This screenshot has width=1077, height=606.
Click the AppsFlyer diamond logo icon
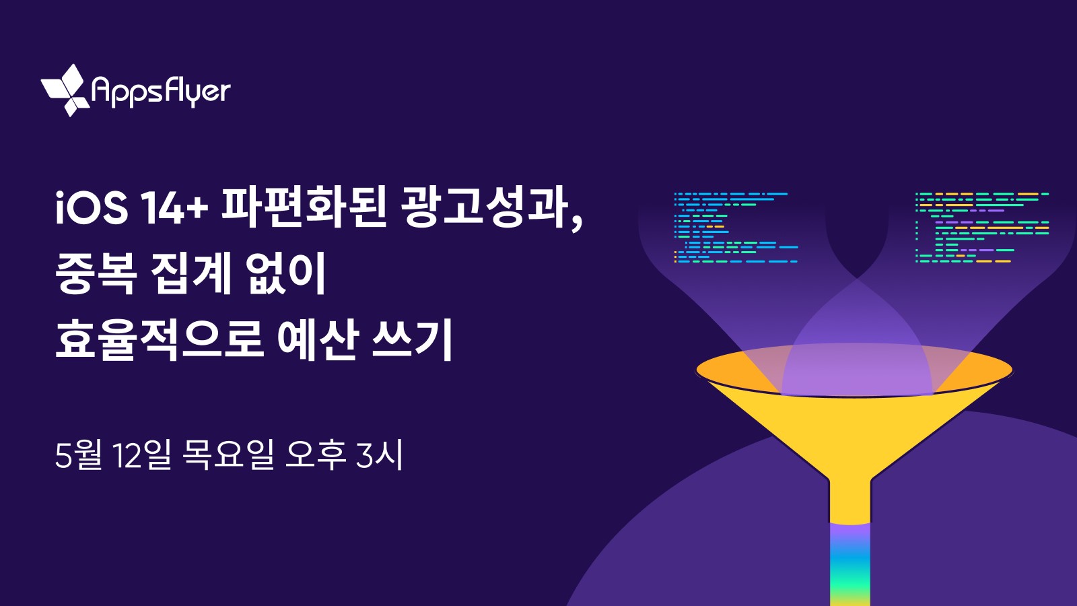coord(66,90)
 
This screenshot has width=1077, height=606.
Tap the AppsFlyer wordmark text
coord(161,92)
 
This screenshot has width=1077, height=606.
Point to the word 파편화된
coord(304,208)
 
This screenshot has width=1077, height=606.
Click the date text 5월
coord(78,455)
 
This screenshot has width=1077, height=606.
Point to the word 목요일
coord(228,455)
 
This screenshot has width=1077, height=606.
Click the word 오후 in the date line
coord(316,455)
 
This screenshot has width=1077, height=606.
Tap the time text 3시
coord(380,455)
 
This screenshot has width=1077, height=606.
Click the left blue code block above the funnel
coord(736,228)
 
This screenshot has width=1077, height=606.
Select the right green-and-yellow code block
coord(982,228)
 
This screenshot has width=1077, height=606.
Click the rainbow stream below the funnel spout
coord(850,564)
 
